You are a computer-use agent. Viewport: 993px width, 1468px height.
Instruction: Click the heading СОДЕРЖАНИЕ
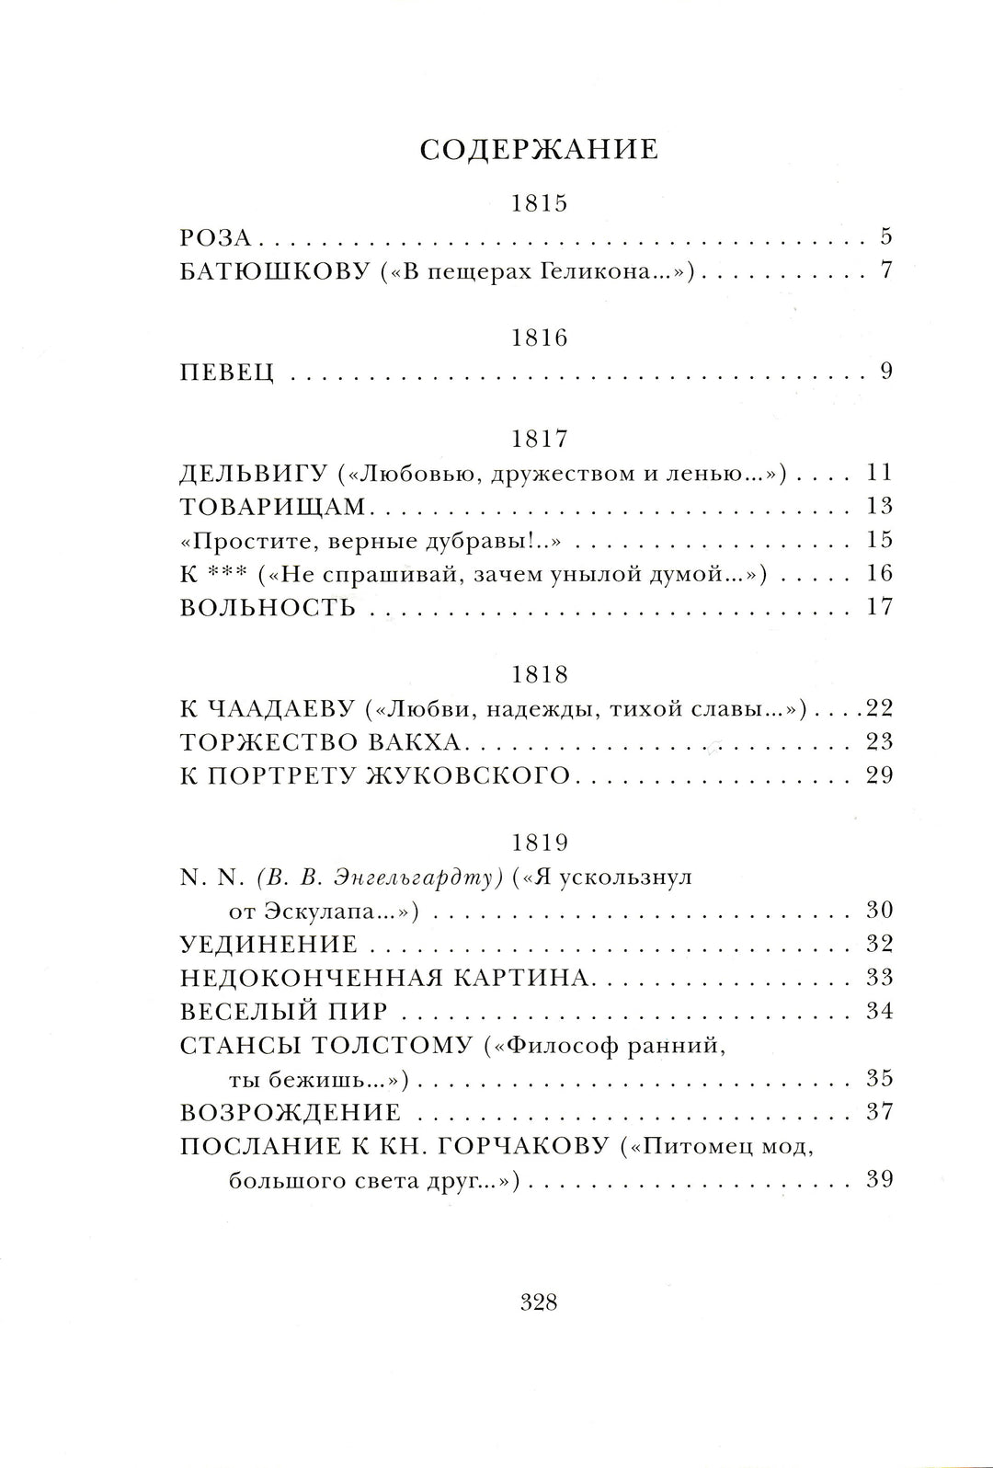coord(539,150)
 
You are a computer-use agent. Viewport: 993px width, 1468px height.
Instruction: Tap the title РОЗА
coord(215,237)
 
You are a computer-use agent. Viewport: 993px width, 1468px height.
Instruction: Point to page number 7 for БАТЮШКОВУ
coord(886,271)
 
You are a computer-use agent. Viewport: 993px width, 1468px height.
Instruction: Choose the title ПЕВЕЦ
coord(227,373)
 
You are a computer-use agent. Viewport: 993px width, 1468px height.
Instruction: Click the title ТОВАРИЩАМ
coord(273,507)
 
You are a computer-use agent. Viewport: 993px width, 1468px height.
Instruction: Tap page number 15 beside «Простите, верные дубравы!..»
coord(880,540)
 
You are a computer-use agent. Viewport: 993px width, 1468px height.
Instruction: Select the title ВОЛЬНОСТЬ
coord(268,608)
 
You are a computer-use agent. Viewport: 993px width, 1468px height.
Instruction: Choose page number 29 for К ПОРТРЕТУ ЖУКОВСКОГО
coord(880,775)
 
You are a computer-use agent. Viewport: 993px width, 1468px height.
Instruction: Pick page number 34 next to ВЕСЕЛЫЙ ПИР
coord(880,1011)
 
